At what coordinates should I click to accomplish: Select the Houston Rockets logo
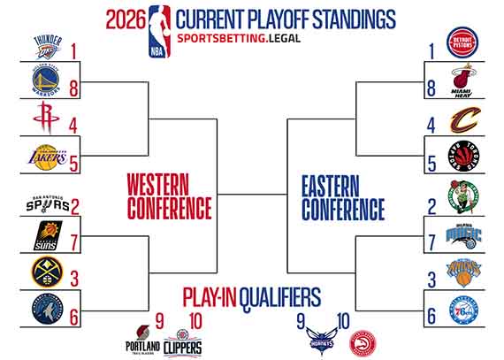point(47,118)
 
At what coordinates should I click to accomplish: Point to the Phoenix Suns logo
point(47,237)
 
